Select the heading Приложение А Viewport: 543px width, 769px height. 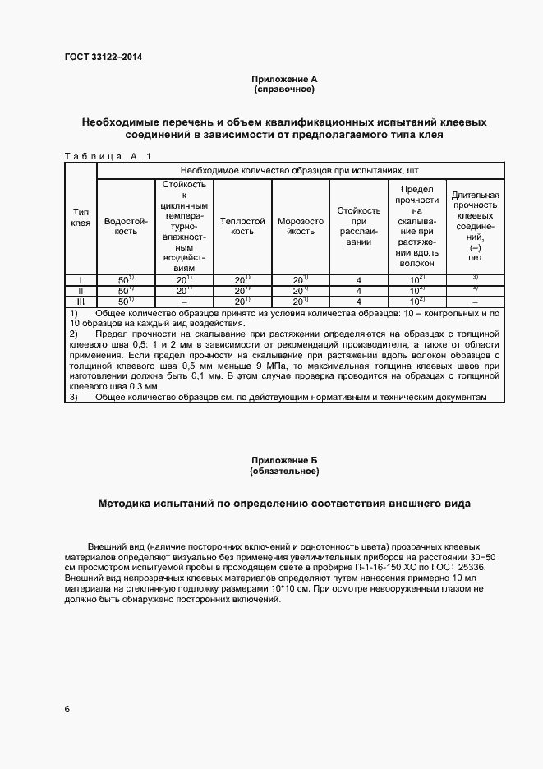[x=283, y=79]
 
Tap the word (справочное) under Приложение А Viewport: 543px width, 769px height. [x=283, y=89]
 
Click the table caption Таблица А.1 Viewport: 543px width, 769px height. [x=108, y=156]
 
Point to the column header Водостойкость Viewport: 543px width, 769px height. [x=125, y=227]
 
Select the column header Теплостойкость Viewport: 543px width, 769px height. [x=242, y=227]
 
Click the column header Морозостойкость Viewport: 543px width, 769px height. [x=301, y=227]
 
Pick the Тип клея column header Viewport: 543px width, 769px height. [x=81, y=217]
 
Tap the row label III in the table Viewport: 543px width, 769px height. [x=81, y=302]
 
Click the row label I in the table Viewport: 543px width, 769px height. [x=81, y=280]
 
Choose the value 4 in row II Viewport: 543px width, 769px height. [x=359, y=291]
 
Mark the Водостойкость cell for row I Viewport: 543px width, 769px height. [x=125, y=280]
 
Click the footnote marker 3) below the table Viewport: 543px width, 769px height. [x=73, y=398]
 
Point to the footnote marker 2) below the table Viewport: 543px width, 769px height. [x=73, y=334]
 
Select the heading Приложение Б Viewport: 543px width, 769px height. [x=283, y=461]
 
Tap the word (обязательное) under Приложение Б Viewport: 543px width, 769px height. [x=283, y=472]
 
